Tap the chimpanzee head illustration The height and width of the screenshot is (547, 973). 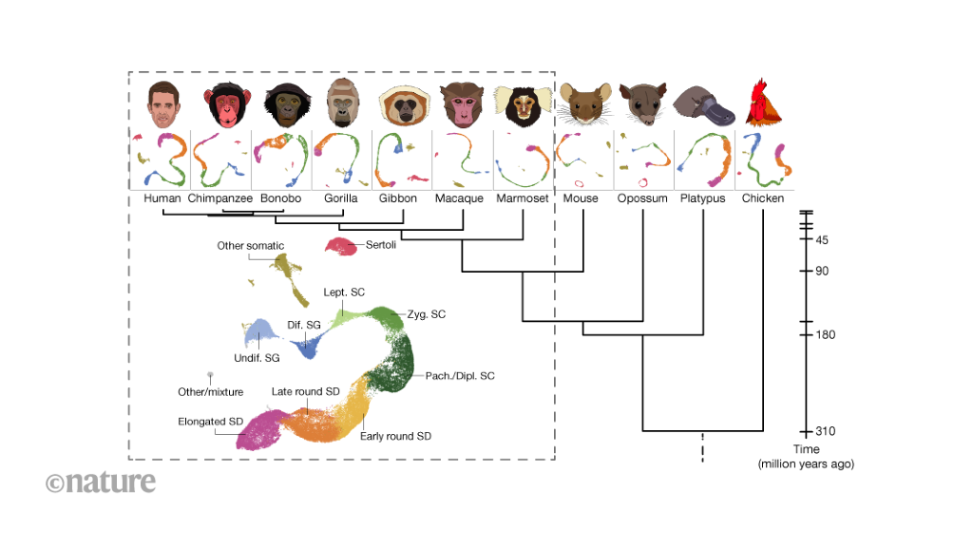pos(222,104)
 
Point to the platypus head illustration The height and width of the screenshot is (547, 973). pos(704,105)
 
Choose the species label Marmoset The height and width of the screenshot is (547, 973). pos(522,198)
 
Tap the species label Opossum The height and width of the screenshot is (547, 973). pos(642,198)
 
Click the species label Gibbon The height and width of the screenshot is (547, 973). pos(397,198)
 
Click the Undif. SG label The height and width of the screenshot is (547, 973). pos(257,357)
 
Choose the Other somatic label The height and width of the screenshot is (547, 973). pos(250,246)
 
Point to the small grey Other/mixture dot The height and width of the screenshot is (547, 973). pos(210,376)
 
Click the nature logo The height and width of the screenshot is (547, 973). pos(101,481)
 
